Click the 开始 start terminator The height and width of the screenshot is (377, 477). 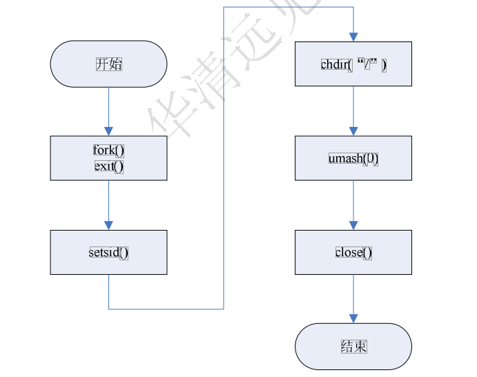click(x=108, y=64)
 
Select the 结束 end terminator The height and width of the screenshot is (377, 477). click(x=353, y=346)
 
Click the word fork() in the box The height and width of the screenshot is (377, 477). click(x=108, y=150)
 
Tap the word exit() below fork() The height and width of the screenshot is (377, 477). click(x=108, y=166)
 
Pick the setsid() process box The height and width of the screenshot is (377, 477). click(x=108, y=252)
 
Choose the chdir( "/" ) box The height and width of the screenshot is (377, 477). click(x=353, y=64)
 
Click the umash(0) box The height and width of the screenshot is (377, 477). click(x=353, y=158)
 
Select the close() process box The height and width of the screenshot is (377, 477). click(x=353, y=252)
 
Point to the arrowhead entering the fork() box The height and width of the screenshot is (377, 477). click(x=108, y=130)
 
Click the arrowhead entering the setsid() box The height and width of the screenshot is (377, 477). click(x=108, y=224)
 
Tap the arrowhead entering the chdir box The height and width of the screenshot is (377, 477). click(x=353, y=37)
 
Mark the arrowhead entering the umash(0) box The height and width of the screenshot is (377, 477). click(x=353, y=130)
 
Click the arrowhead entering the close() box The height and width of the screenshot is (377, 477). click(x=353, y=224)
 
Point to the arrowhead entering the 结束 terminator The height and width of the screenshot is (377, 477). click(x=353, y=318)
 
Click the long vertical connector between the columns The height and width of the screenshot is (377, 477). click(x=224, y=159)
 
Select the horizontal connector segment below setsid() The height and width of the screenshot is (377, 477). click(x=166, y=309)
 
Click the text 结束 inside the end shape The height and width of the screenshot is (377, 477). click(x=353, y=346)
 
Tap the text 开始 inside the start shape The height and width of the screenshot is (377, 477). click(x=108, y=64)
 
